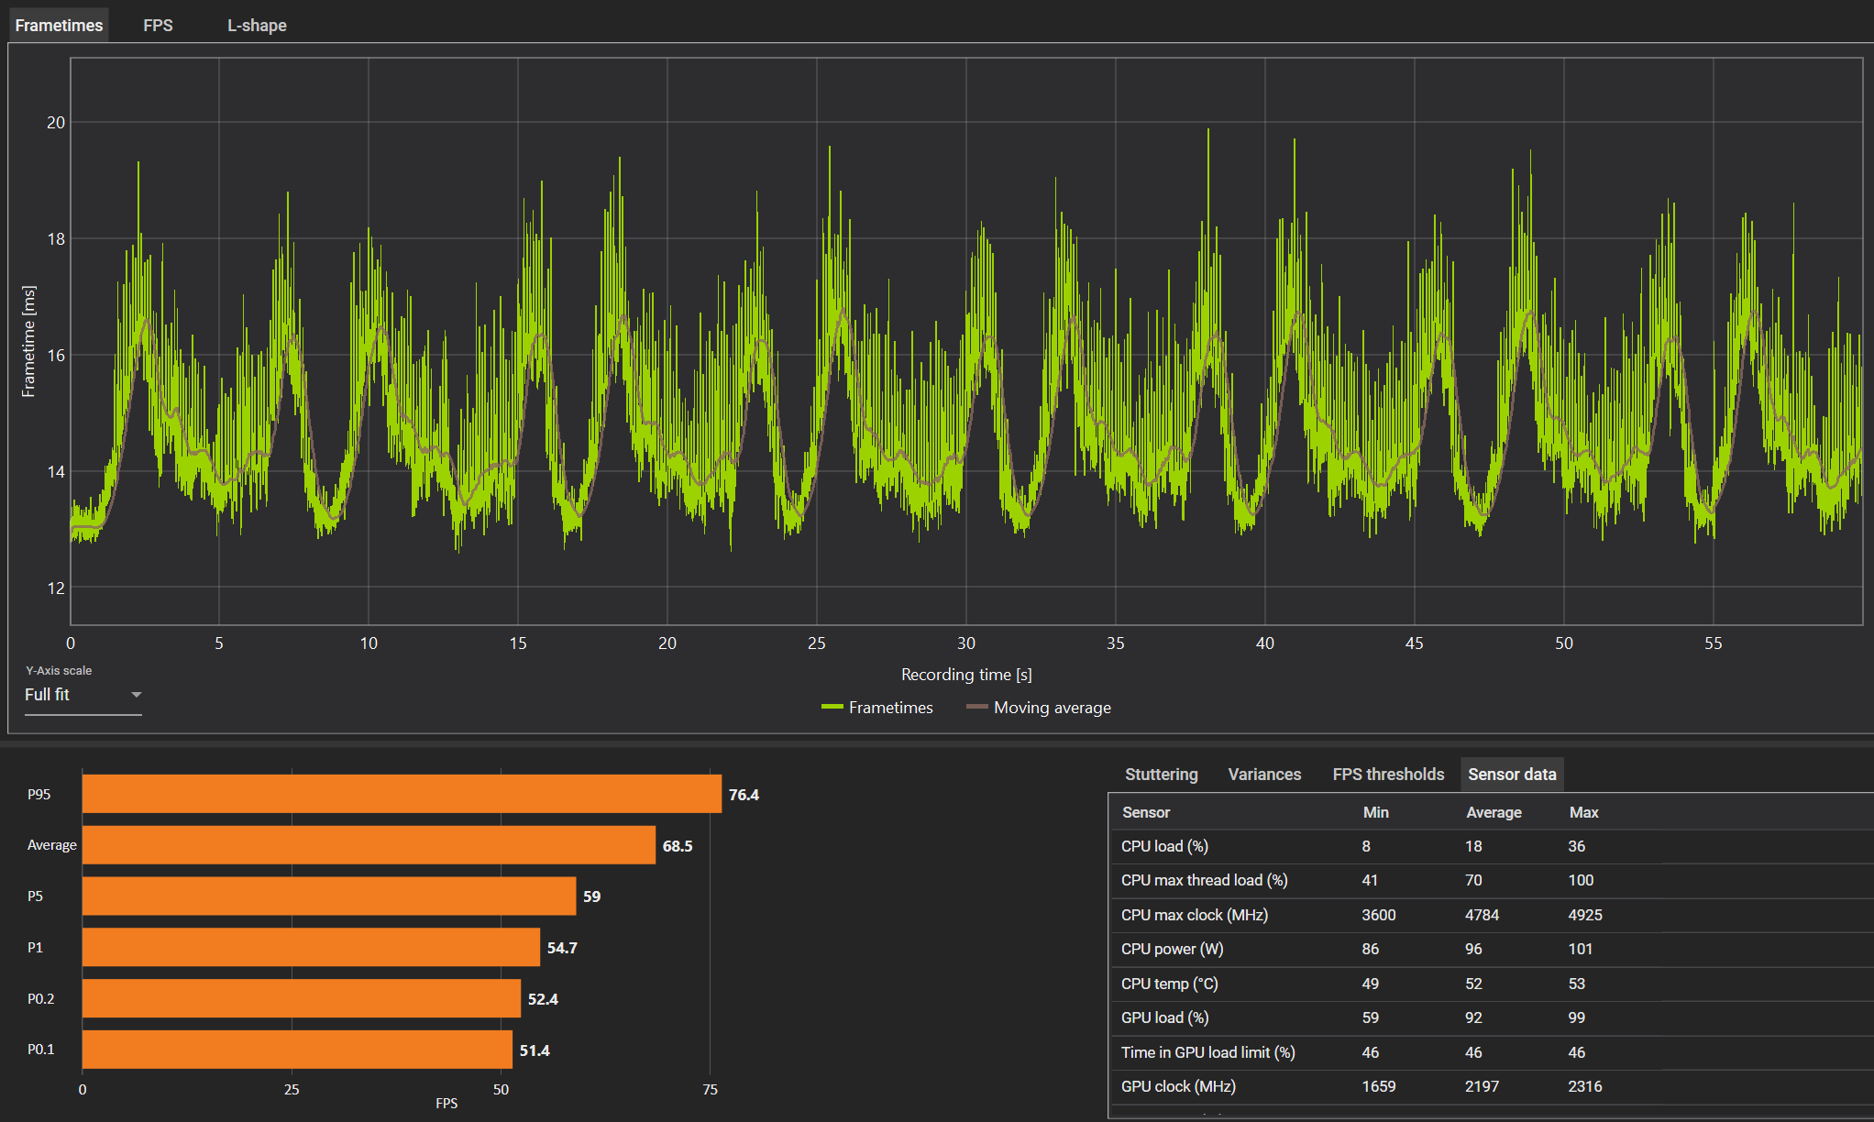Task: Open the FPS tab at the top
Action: pyautogui.click(x=158, y=26)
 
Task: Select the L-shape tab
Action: pyautogui.click(x=257, y=26)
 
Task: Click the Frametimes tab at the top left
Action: pyautogui.click(x=59, y=26)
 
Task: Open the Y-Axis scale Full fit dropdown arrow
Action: pyautogui.click(x=137, y=695)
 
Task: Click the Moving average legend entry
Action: pyautogui.click(x=1039, y=708)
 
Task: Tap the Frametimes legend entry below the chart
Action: pyautogui.click(x=877, y=708)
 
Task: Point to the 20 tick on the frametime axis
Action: pyautogui.click(x=56, y=123)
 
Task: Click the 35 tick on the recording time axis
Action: pyautogui.click(x=1116, y=643)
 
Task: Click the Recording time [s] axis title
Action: pyautogui.click(x=966, y=675)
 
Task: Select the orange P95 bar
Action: pyautogui.click(x=402, y=794)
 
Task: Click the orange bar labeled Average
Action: pyautogui.click(x=369, y=845)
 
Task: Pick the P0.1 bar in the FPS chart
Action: pyautogui.click(x=297, y=1050)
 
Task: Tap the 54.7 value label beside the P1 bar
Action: pyautogui.click(x=562, y=948)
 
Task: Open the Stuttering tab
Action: pyautogui.click(x=1161, y=775)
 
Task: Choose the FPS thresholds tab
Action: pyautogui.click(x=1388, y=775)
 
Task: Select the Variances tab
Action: pyautogui.click(x=1264, y=775)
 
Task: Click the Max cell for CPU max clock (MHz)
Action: pyautogui.click(x=1585, y=915)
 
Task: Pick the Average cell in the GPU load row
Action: pyautogui.click(x=1473, y=1017)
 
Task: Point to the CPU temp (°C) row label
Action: pyautogui.click(x=1169, y=984)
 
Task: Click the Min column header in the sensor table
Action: pyautogui.click(x=1375, y=812)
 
